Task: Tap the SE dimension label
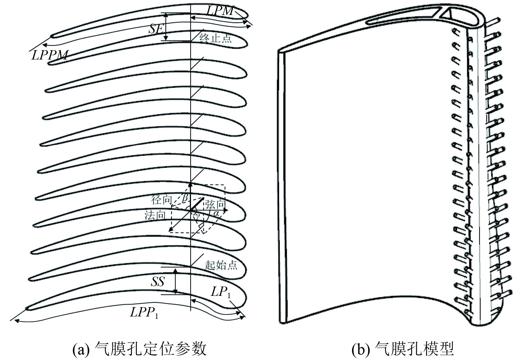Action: pyautogui.click(x=156, y=29)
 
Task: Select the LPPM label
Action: pyautogui.click(x=50, y=54)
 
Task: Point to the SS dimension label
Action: pyautogui.click(x=157, y=282)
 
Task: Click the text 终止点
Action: pyautogui.click(x=215, y=39)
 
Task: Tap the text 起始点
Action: pyautogui.click(x=221, y=265)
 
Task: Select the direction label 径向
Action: pyautogui.click(x=161, y=200)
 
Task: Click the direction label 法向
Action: pyautogui.click(x=155, y=215)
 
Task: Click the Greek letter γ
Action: pyautogui.click(x=198, y=216)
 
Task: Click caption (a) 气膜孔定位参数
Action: pyautogui.click(x=139, y=349)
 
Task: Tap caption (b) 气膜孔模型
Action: pyautogui.click(x=403, y=349)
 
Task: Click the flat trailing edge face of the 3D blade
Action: pyautogui.click(x=281, y=186)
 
